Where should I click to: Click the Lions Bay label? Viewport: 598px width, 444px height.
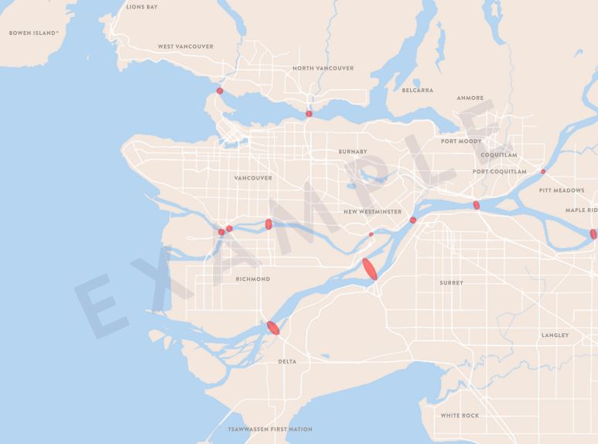coord(142,7)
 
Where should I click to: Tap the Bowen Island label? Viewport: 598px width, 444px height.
coord(34,33)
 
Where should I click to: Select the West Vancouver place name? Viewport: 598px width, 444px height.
coord(186,46)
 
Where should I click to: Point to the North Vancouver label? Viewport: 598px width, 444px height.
coord(323,68)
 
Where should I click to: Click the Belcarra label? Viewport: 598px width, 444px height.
coord(418,91)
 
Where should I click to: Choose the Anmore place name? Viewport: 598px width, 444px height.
coord(470,98)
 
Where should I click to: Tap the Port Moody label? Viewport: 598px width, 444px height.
coord(461,142)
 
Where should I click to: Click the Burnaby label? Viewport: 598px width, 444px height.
coord(353,152)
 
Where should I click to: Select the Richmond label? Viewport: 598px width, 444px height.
coord(253,279)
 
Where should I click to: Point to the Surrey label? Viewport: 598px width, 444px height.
coord(452,283)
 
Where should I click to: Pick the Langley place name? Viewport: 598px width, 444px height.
coord(555,336)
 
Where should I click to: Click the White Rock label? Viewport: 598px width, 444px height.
coord(460,415)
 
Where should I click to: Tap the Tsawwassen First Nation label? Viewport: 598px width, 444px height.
coord(270,429)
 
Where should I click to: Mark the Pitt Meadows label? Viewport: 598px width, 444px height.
coord(562,190)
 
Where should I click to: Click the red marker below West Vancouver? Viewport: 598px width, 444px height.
coord(220,91)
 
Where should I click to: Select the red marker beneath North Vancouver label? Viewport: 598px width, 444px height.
coord(309,114)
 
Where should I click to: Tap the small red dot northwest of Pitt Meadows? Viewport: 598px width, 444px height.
coord(543,172)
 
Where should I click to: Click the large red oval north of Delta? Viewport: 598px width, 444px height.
coord(273,327)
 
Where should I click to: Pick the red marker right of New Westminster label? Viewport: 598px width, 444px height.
coord(413,220)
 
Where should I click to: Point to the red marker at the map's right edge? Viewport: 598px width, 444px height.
coord(593,234)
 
